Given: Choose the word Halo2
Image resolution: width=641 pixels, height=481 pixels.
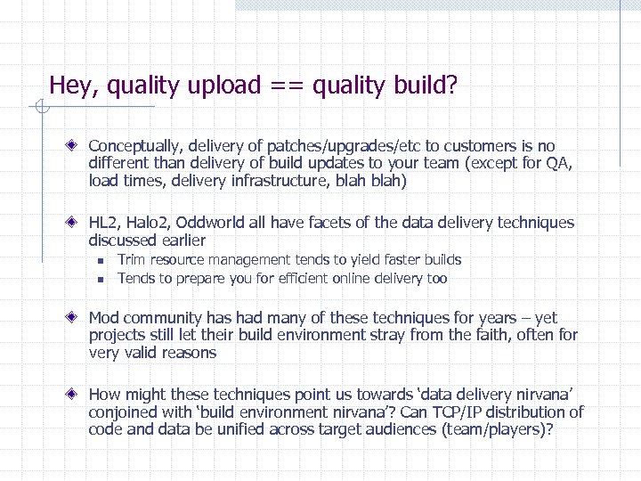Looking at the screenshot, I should click(152, 223).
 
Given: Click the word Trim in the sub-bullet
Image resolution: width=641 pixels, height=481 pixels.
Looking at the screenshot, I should click(132, 260).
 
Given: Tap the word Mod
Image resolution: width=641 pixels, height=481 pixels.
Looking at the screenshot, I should click(104, 318).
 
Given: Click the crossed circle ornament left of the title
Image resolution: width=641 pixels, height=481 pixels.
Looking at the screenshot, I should click(41, 108).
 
